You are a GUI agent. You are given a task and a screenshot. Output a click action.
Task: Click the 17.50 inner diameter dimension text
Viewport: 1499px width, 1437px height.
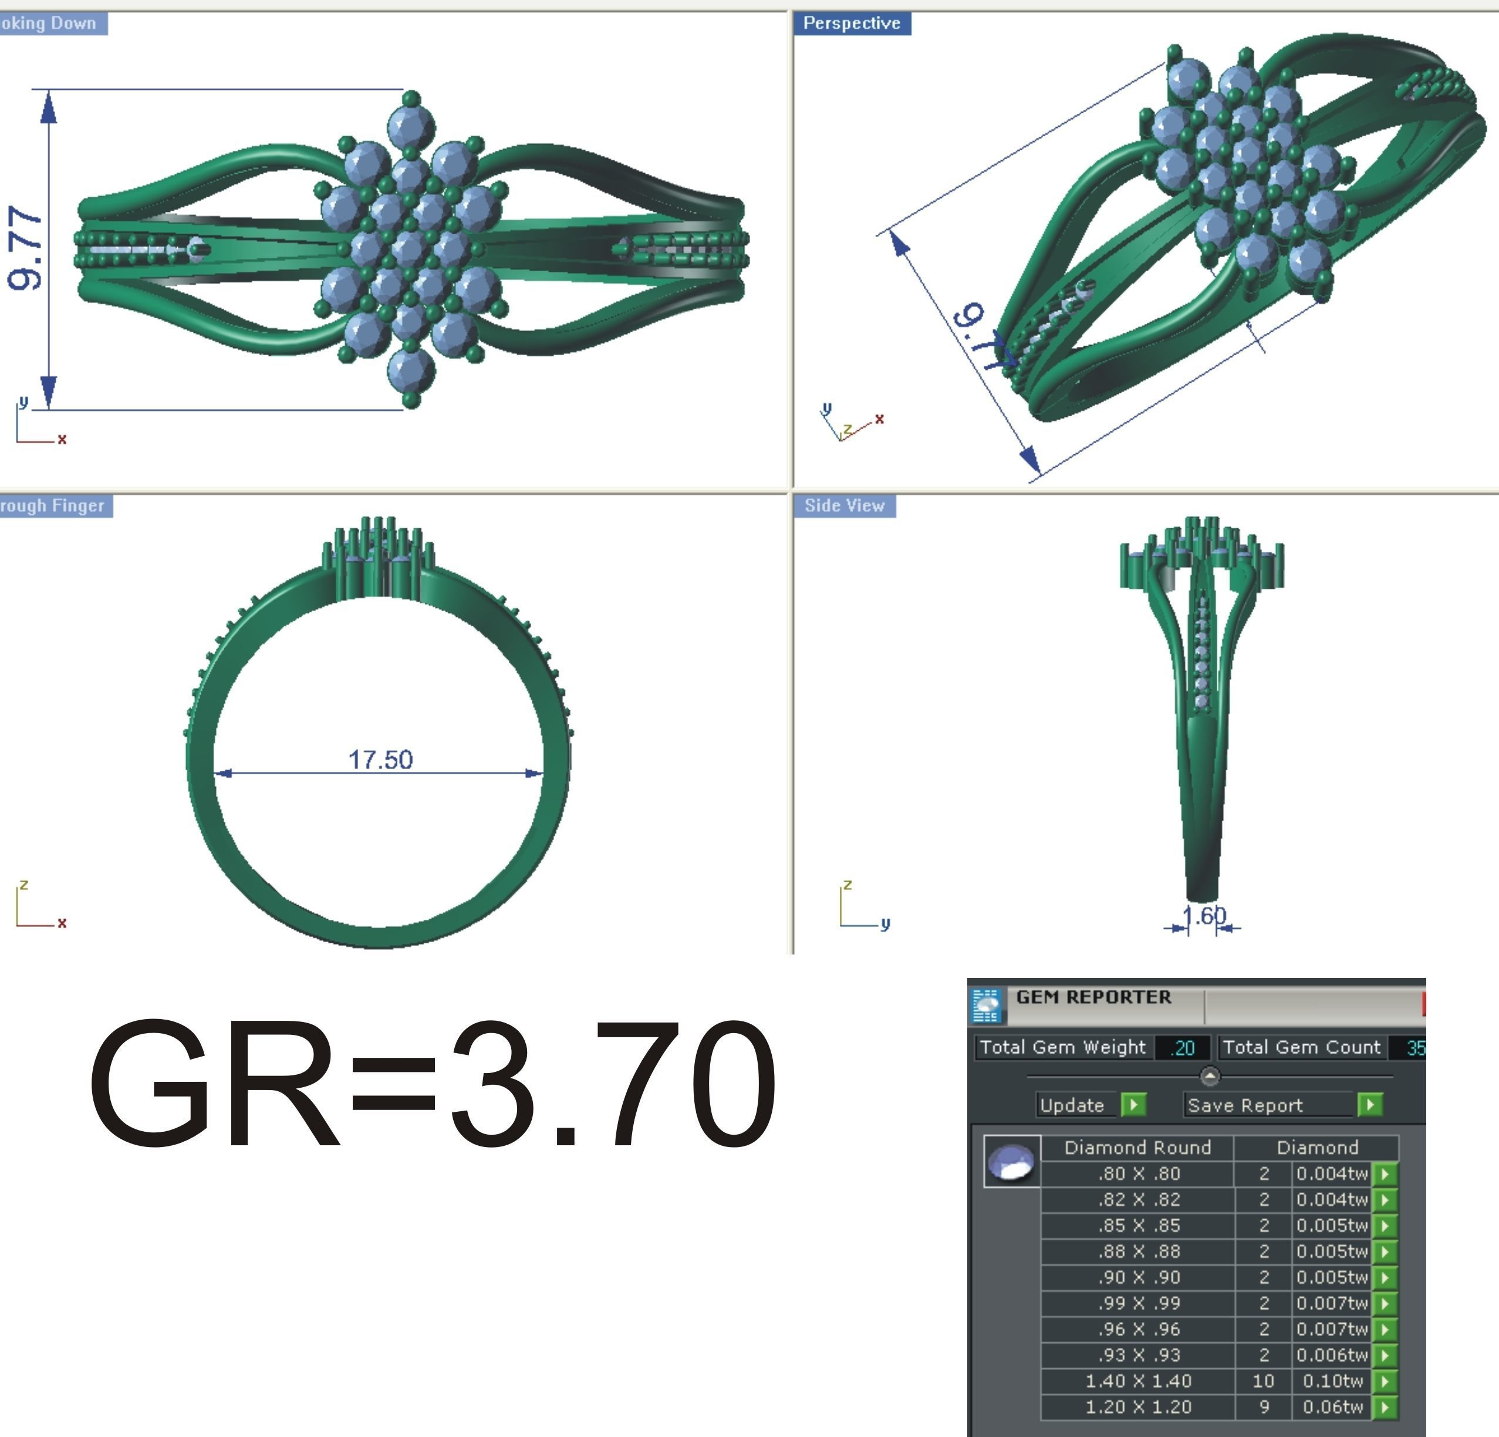380,760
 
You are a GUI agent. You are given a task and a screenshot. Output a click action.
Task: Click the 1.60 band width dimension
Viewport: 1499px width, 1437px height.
1204,915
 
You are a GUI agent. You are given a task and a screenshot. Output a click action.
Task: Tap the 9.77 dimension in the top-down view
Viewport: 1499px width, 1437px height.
25,248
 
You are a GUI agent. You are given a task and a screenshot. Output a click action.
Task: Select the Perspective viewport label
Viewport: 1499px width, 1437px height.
851,23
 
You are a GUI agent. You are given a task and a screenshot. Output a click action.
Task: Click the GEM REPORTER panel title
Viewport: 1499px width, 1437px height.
1093,997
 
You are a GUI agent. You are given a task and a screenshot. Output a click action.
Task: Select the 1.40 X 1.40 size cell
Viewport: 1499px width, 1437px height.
1138,1381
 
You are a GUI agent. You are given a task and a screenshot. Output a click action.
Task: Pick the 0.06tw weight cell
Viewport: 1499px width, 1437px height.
1332,1406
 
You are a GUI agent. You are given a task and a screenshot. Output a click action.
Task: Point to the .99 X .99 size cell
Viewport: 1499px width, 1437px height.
1138,1303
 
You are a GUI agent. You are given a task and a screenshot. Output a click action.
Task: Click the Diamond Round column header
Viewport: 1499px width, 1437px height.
1137,1147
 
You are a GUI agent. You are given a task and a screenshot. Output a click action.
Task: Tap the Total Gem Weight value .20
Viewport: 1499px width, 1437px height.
1183,1048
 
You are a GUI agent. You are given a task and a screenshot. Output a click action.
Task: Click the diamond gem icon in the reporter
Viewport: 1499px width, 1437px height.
1011,1162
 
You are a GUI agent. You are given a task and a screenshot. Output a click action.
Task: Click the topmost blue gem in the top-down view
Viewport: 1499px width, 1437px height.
411,126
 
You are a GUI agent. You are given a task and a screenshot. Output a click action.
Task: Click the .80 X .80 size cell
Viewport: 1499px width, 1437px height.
1138,1173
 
